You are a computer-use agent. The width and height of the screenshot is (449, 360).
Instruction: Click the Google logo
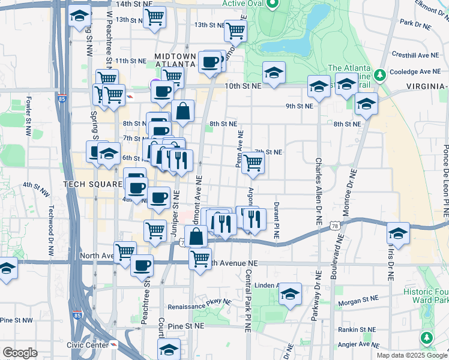click(x=20, y=353)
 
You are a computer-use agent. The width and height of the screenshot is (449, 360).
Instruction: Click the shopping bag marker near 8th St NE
click(x=183, y=111)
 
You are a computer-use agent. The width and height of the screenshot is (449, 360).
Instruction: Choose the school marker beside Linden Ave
click(x=290, y=294)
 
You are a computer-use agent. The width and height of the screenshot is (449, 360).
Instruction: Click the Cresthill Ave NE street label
click(x=412, y=55)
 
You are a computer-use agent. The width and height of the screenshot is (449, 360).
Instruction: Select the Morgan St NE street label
click(x=358, y=298)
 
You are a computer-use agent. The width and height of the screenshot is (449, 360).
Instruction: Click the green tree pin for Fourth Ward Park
click(x=426, y=338)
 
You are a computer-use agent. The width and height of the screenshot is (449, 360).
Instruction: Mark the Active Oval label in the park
click(x=243, y=3)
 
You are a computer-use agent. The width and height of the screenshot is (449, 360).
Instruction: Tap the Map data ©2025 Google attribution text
click(x=412, y=355)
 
